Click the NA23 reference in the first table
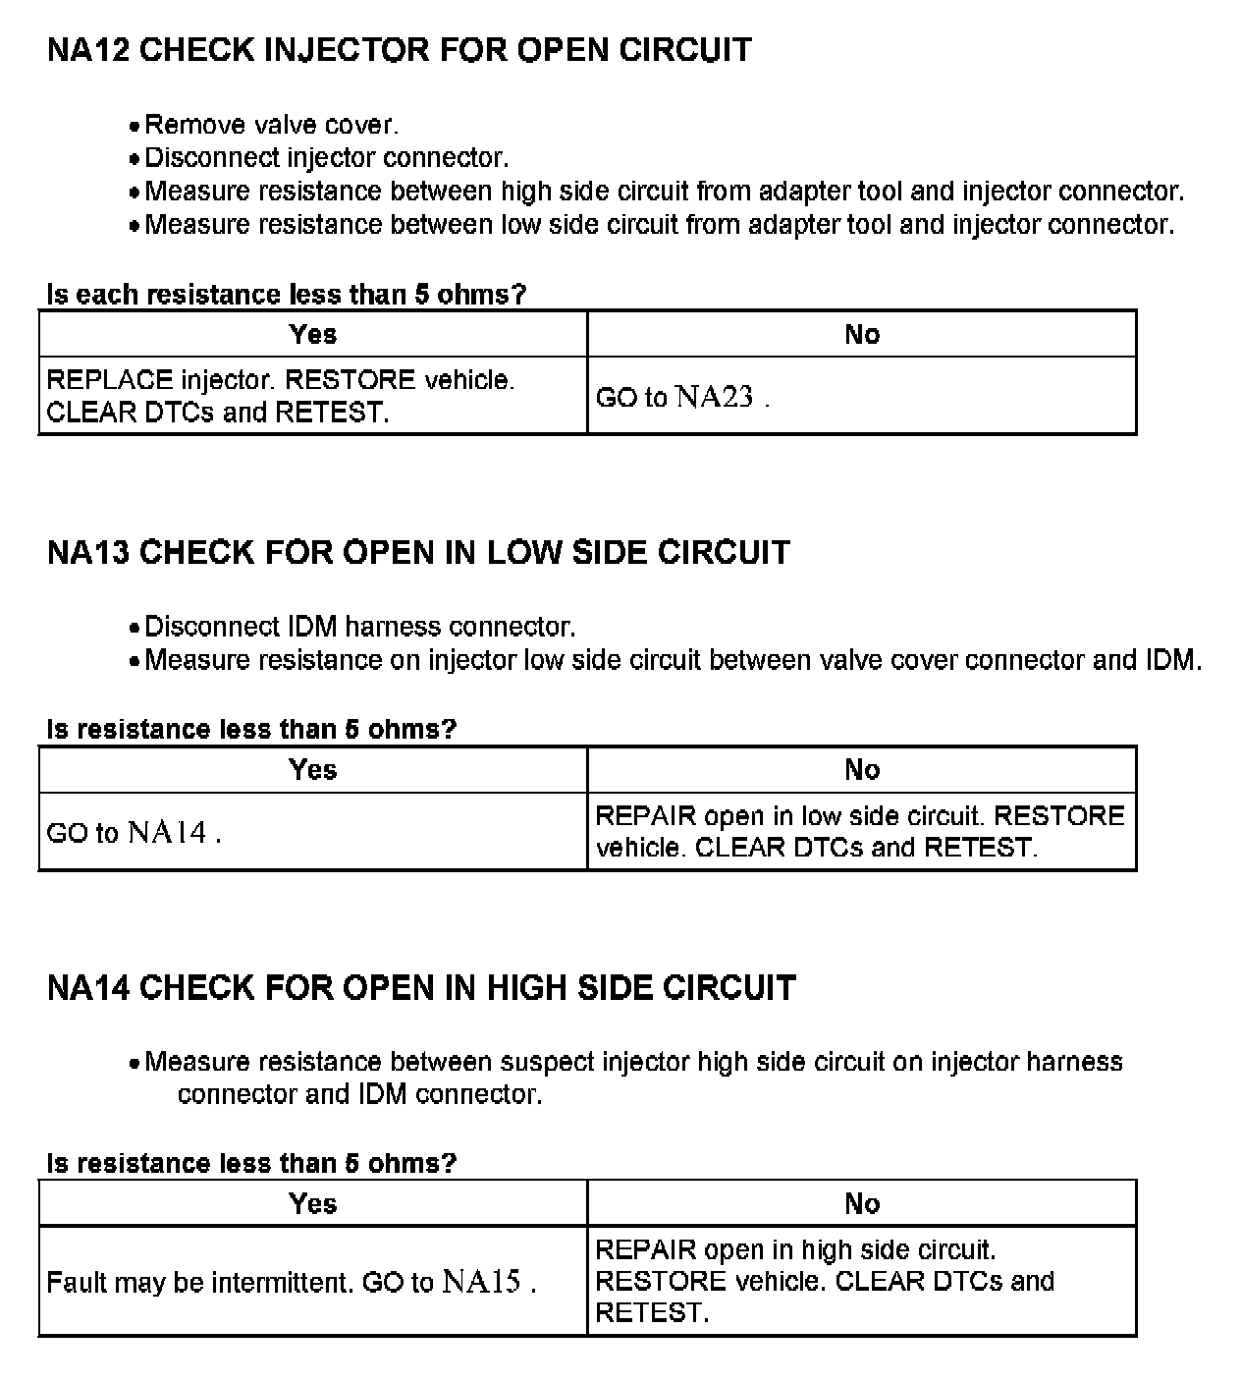[x=715, y=397]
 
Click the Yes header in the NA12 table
[x=313, y=334]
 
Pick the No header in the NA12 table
[x=862, y=334]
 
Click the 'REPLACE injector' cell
[x=281, y=396]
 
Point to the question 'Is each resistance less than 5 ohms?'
[x=287, y=294]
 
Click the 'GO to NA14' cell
[x=134, y=833]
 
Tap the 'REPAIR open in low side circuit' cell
[x=860, y=831]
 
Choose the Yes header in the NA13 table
[x=313, y=769]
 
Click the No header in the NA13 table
[x=862, y=769]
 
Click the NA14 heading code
[x=88, y=988]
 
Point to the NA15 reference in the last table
[x=482, y=1282]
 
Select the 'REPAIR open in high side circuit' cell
[x=825, y=1281]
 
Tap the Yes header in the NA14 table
[x=313, y=1203]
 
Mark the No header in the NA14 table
[x=862, y=1203]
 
